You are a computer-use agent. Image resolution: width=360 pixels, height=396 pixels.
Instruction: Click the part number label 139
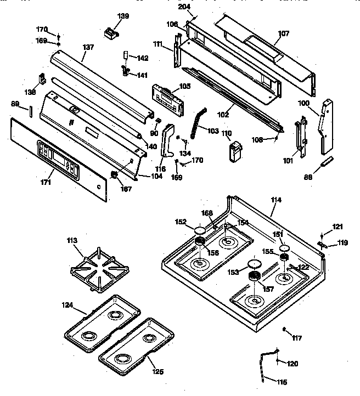[x=123, y=16]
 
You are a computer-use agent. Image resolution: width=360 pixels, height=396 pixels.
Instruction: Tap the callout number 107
[x=283, y=33]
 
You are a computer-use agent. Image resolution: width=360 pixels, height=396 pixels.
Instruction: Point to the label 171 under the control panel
[x=47, y=182]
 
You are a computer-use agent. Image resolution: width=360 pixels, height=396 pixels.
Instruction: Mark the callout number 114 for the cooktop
[x=275, y=200]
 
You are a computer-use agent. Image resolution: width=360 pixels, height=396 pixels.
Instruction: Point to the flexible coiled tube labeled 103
[x=197, y=123]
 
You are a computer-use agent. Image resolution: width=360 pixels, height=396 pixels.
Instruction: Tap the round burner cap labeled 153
[x=253, y=264]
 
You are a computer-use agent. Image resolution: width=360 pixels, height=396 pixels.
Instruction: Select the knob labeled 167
[x=114, y=176]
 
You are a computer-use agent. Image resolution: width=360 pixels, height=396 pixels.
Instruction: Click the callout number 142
[x=142, y=58]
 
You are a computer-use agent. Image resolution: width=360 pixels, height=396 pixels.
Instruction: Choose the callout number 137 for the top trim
[x=88, y=47]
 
